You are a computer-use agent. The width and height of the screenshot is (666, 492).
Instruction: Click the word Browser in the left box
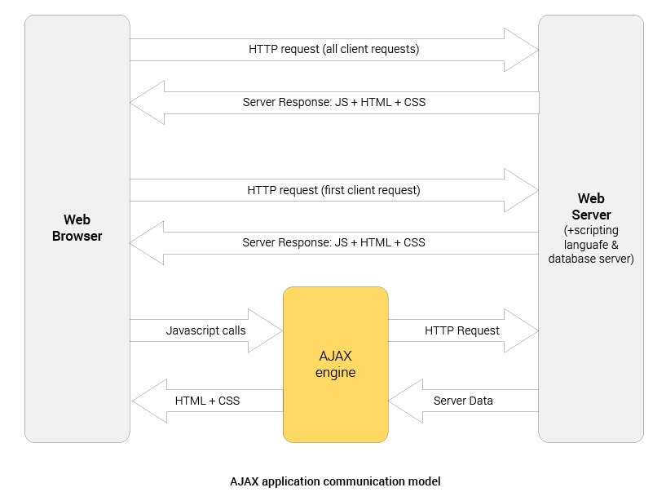[77, 237]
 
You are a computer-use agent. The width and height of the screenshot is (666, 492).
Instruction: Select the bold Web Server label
[591, 206]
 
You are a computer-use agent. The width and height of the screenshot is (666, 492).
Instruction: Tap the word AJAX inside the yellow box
[335, 357]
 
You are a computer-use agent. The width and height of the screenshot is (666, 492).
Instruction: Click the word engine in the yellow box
[335, 373]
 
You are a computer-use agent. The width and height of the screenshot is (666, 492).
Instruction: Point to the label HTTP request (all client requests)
[333, 49]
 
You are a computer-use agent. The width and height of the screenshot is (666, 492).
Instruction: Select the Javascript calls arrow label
[205, 330]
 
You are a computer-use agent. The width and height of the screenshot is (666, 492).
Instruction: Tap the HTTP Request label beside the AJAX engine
[461, 330]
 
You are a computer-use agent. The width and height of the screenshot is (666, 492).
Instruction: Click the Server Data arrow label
[462, 401]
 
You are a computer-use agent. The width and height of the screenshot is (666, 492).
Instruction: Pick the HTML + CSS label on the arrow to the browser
[207, 401]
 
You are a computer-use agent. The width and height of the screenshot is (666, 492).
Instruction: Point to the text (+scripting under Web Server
[591, 231]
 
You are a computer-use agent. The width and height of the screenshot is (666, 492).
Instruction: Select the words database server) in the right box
[591, 259]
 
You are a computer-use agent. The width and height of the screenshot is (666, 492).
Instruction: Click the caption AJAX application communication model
[335, 481]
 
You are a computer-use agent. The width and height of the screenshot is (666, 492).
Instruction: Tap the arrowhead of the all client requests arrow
[522, 50]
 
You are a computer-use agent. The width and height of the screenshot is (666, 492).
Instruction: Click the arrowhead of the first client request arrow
[522, 190]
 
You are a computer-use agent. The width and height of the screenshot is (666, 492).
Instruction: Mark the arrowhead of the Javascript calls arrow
[266, 330]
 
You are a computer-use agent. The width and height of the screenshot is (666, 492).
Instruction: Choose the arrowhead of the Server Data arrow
[405, 401]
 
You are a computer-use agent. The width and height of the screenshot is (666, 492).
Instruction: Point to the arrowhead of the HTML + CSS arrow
[148, 401]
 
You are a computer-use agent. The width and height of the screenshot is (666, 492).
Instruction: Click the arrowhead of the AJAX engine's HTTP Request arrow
[522, 330]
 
